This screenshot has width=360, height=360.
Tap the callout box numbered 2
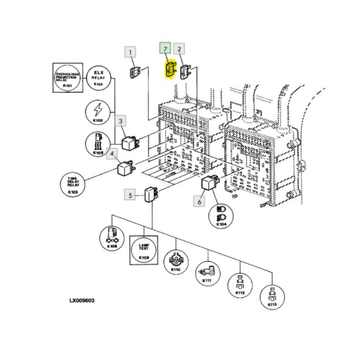[x=179, y=49]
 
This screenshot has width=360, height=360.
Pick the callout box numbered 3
[x=121, y=121]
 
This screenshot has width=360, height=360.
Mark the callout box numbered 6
[x=199, y=201]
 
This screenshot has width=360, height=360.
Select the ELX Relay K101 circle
[x=98, y=77]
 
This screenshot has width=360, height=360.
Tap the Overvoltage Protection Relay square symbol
[x=67, y=77]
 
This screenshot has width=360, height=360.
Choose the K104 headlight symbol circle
[x=221, y=214]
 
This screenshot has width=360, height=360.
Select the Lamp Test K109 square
[x=143, y=250]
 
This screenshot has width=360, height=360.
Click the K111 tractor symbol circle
[x=207, y=274]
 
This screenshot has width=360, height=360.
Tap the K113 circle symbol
[x=272, y=298]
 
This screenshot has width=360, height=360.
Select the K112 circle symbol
[x=240, y=285]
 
